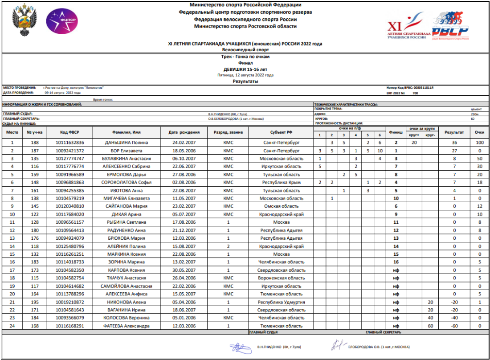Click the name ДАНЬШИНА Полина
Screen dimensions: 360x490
tap(126, 143)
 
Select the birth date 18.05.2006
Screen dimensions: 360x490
tap(188, 151)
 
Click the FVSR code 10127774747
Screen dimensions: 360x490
tap(70, 159)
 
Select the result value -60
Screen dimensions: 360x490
tap(454, 326)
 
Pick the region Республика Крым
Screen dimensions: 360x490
tap(282, 182)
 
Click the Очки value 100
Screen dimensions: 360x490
tap(479, 143)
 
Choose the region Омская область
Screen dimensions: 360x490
tap(282, 206)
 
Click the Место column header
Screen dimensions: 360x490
tap(12, 132)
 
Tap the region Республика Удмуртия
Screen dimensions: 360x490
tap(282, 302)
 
